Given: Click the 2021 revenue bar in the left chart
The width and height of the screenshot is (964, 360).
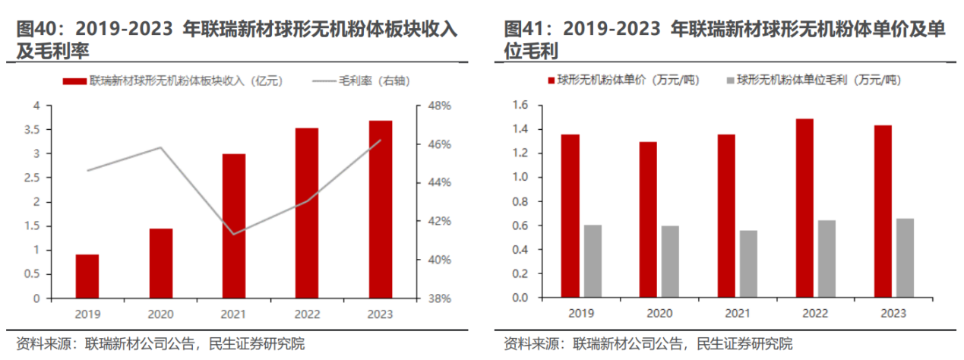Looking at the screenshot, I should [x=234, y=226].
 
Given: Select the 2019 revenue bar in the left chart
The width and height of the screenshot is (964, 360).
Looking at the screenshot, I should [x=87, y=276].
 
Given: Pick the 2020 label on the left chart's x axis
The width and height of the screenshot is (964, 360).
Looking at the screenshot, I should [x=160, y=312].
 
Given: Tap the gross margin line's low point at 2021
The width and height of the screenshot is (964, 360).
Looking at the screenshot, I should [x=233, y=234].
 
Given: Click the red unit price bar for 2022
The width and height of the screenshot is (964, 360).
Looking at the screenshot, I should [x=805, y=208].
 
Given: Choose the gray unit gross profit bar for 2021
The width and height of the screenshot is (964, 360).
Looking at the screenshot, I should [x=749, y=264].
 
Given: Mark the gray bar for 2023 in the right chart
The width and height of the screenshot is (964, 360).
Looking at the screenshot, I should [x=905, y=258].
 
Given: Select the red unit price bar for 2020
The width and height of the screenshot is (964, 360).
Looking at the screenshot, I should [x=648, y=219].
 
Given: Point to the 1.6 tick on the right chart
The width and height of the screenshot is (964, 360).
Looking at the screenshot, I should [x=520, y=106].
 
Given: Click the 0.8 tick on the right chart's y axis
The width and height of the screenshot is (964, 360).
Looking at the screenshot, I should [x=520, y=202].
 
